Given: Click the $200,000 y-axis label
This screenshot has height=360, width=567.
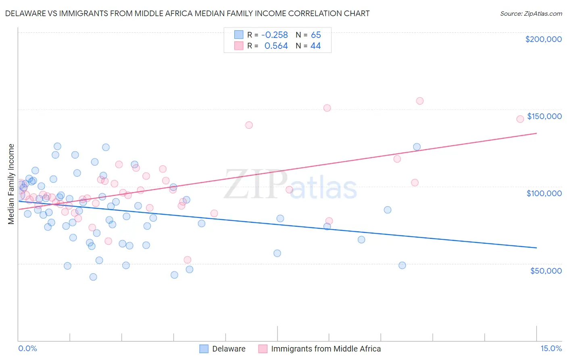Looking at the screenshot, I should tap(543, 39).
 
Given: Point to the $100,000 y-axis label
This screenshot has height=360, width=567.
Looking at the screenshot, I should tap(544, 193).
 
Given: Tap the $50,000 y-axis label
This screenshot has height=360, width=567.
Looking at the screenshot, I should tap(546, 270).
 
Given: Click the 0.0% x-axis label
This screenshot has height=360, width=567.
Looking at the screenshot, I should tap(27, 348).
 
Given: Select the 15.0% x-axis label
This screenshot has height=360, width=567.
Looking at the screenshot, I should tap(551, 348).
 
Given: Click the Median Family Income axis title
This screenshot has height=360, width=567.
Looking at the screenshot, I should tap(11, 184).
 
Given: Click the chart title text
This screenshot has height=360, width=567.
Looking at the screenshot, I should tap(187, 13).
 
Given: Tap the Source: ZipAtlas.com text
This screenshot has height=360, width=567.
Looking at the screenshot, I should tap(531, 13).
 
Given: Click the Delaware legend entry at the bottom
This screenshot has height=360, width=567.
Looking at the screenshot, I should tap(229, 349).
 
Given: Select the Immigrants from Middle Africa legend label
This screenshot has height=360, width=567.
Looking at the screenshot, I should tap(326, 349).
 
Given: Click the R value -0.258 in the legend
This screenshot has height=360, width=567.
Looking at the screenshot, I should tap(275, 35).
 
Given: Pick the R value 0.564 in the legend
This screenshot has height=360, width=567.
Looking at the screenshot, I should tap(276, 46).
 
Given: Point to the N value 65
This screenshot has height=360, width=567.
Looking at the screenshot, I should tap(316, 35).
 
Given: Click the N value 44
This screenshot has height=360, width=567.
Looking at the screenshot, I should tap(315, 46).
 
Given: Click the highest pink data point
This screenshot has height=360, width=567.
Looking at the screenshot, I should tap(420, 101).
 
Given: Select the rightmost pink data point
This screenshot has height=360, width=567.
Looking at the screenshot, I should tap(520, 119).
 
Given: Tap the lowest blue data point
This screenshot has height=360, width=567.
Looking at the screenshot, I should tap(93, 277).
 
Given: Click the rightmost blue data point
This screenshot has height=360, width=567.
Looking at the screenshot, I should tap(417, 147).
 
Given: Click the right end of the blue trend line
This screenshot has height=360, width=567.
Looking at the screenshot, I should tap(536, 247).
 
